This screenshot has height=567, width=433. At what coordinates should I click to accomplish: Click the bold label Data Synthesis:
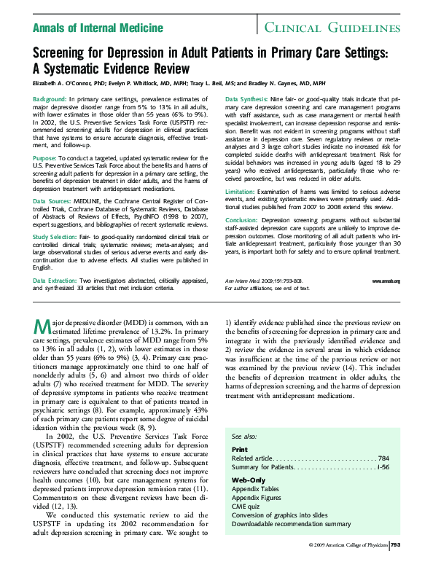point(246,98)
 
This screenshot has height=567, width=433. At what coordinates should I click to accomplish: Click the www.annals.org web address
point(386,281)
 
